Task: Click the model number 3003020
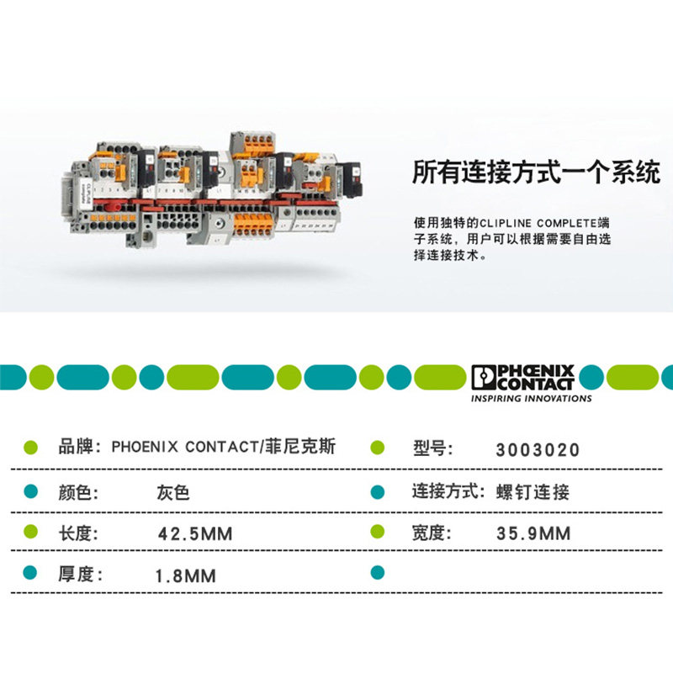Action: [x=538, y=450]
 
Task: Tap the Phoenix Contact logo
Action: [x=522, y=377]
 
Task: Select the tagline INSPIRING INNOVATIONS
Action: [x=531, y=399]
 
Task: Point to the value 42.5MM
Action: [x=195, y=534]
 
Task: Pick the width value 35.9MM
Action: [x=533, y=534]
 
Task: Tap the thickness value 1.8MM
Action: [x=186, y=576]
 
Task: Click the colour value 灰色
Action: [x=173, y=492]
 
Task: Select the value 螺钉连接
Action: [x=533, y=492]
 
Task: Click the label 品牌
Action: [x=80, y=448]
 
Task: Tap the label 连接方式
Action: [x=447, y=491]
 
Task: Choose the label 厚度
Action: [x=80, y=575]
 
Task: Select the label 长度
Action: [x=80, y=533]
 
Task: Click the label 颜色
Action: [x=80, y=492]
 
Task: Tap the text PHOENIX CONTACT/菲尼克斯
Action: [x=224, y=448]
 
